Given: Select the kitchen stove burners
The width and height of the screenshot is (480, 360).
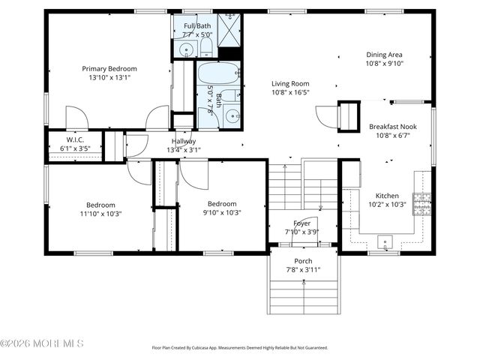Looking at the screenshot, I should (423, 201).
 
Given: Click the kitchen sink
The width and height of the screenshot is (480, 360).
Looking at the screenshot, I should (386, 243).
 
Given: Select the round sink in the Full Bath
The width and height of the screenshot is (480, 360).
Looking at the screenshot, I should (185, 49).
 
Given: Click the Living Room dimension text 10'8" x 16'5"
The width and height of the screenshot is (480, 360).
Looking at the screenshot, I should (289, 93).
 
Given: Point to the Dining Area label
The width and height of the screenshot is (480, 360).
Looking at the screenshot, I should (384, 55).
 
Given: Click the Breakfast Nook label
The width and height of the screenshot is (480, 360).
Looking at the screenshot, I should (391, 127).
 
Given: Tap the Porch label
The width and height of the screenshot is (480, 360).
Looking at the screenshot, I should (303, 261).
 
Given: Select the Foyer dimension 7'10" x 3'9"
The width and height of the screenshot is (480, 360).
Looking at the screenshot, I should (302, 232).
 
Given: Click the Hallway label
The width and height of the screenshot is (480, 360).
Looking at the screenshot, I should (184, 141).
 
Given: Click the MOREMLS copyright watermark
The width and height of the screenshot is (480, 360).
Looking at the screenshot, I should (42, 343).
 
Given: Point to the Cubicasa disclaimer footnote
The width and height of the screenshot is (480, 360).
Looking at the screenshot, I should (239, 348).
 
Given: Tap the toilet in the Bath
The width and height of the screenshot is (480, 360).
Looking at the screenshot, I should (232, 97).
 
